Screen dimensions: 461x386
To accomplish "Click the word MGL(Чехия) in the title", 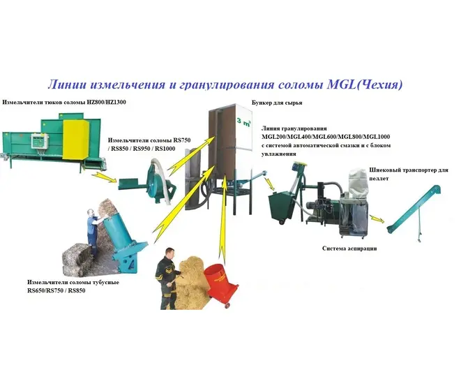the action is click(x=365, y=84).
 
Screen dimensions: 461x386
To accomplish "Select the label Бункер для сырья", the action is click(x=277, y=103).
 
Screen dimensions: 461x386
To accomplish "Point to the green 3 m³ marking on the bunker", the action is click(x=243, y=121).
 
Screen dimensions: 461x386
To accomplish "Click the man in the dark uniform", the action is click(x=167, y=278).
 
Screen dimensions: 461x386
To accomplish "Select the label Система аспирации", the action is click(x=349, y=248).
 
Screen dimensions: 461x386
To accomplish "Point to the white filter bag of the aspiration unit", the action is click(x=358, y=181).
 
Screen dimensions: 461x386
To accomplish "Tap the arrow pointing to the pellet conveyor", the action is click(x=377, y=220).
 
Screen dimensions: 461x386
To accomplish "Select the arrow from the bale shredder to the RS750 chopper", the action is click(x=105, y=178).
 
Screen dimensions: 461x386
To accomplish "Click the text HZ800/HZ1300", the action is click(x=107, y=103).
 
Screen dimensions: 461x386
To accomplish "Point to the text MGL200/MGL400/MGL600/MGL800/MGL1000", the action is click(x=326, y=137).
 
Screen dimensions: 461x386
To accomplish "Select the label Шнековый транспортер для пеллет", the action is click(x=409, y=175).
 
